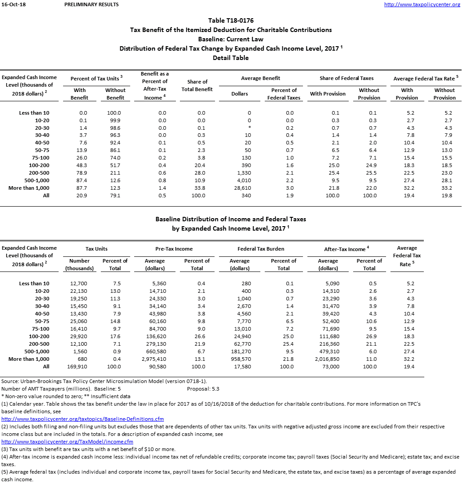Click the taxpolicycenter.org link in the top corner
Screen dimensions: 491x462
(422, 4)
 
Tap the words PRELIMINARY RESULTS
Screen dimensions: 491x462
(92, 4)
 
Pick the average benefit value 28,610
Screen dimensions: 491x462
(242, 188)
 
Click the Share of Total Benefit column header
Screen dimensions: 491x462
(197, 85)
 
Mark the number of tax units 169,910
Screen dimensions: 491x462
(80, 367)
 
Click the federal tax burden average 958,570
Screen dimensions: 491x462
(240, 359)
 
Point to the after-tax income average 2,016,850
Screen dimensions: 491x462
(328, 359)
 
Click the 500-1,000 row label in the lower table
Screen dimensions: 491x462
(35, 351)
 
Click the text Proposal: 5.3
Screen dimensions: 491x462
(203, 389)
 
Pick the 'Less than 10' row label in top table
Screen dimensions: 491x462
(34, 113)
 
